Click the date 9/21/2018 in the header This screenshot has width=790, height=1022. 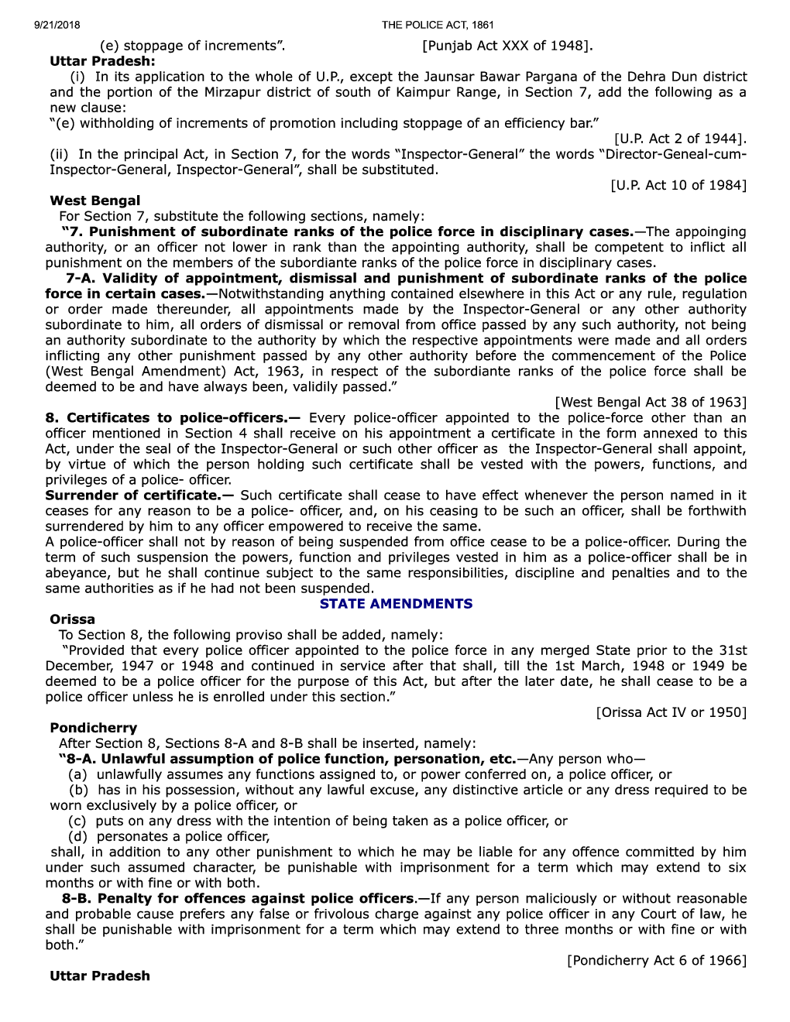click(x=57, y=25)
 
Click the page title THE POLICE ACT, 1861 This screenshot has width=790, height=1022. click(x=438, y=25)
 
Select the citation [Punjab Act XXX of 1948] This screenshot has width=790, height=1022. click(x=507, y=46)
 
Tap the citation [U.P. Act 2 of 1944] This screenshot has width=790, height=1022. click(x=680, y=139)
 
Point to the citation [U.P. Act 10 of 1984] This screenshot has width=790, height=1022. click(x=678, y=185)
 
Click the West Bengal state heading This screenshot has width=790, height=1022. click(x=95, y=201)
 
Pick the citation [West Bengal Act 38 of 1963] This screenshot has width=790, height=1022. click(x=651, y=402)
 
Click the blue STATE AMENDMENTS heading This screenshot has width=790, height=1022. click(x=396, y=604)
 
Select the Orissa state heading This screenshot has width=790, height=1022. click(x=72, y=619)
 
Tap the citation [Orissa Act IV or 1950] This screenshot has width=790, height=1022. click(x=671, y=712)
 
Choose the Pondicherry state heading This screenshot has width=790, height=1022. click(x=93, y=728)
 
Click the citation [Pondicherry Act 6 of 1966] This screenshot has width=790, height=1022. click(x=657, y=960)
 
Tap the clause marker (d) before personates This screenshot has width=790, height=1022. click(x=77, y=836)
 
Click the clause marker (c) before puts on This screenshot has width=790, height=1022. click(x=77, y=821)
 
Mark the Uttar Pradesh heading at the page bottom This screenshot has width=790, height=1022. click(x=100, y=976)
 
